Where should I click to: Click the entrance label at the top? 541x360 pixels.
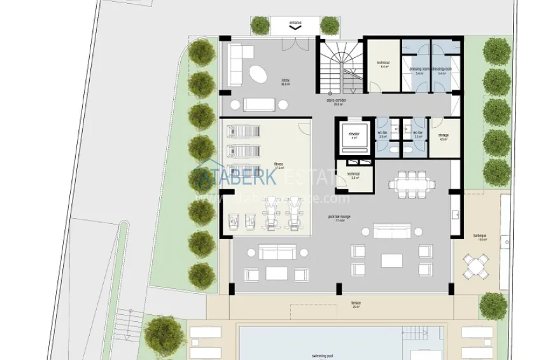click(295, 23)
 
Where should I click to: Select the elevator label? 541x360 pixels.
click(354, 134)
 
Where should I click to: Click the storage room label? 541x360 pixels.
click(443, 135)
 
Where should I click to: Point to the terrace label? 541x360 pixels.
click(356, 303)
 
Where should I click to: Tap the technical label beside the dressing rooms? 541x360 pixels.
click(383, 63)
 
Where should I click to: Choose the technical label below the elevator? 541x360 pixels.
click(354, 174)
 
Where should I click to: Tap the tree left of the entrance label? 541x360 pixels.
click(260, 25)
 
